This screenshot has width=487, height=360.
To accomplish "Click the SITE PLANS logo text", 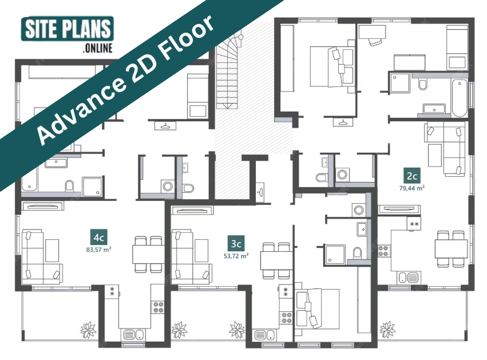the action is pos(68,29).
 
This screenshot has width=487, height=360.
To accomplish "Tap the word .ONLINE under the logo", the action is pos(97,49).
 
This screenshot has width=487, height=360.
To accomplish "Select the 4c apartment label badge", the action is pos(99,238).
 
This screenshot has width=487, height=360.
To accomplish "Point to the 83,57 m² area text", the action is pos(99,250).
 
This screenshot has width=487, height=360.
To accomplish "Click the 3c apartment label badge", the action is pos(236,243).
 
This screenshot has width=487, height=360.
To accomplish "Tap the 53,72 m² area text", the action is pos(236,256).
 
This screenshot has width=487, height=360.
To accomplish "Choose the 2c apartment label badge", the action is pos(411,176).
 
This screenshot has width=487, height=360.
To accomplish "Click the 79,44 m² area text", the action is pos(412,188).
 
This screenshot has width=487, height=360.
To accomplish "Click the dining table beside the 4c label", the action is pos(148,254).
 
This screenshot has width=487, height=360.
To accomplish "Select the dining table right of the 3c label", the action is pos(276,260).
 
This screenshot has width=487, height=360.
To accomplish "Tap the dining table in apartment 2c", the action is pos(451,248).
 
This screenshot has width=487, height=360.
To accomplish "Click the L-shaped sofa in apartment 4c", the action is pos(41,257).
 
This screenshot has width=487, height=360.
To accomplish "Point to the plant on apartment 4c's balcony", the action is pos(88,330).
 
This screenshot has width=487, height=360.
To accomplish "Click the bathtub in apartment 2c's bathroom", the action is pos(460,97).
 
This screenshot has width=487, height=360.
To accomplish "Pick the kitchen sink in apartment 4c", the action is pos(134,335).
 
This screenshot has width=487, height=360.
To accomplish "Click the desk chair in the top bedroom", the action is pos(375,41).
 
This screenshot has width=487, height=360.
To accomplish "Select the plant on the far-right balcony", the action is pos(387,330).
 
